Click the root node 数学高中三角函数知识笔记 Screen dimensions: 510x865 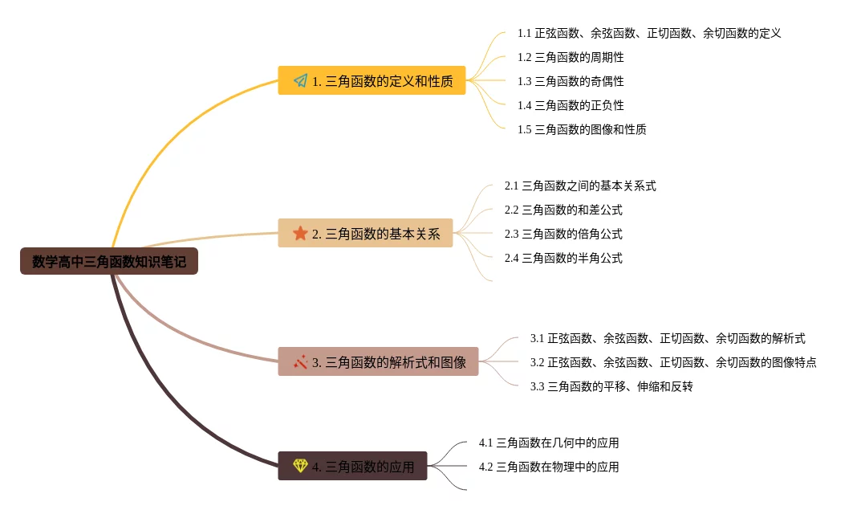tap(108, 261)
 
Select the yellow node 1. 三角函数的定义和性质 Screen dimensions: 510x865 tap(372, 80)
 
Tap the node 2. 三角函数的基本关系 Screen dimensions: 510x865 tap(365, 233)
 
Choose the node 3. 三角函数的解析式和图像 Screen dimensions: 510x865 tap(378, 361)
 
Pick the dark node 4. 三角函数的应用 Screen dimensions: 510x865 tap(352, 466)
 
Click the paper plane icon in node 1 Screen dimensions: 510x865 tap(301, 80)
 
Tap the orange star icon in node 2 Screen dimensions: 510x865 tap(300, 233)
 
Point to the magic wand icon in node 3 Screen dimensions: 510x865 tap(301, 361)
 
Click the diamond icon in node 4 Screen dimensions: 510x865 tap(300, 466)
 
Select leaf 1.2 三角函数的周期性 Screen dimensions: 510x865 tap(571, 57)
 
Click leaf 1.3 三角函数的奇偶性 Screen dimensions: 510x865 tap(571, 81)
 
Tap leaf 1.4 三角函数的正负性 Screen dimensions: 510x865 tap(571, 105)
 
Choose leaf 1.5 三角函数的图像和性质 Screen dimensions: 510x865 tap(582, 129)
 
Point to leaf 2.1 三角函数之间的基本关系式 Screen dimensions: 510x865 tap(580, 186)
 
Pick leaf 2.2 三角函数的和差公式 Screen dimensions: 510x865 tap(563, 210)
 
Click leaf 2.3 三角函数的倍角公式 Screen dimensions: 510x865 tap(563, 234)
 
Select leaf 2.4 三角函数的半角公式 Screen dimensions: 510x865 tap(563, 258)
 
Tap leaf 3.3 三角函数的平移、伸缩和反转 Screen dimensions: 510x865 tap(611, 386)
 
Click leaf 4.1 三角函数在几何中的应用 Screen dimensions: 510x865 tap(549, 443)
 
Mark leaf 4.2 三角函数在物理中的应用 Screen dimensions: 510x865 tap(549, 467)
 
